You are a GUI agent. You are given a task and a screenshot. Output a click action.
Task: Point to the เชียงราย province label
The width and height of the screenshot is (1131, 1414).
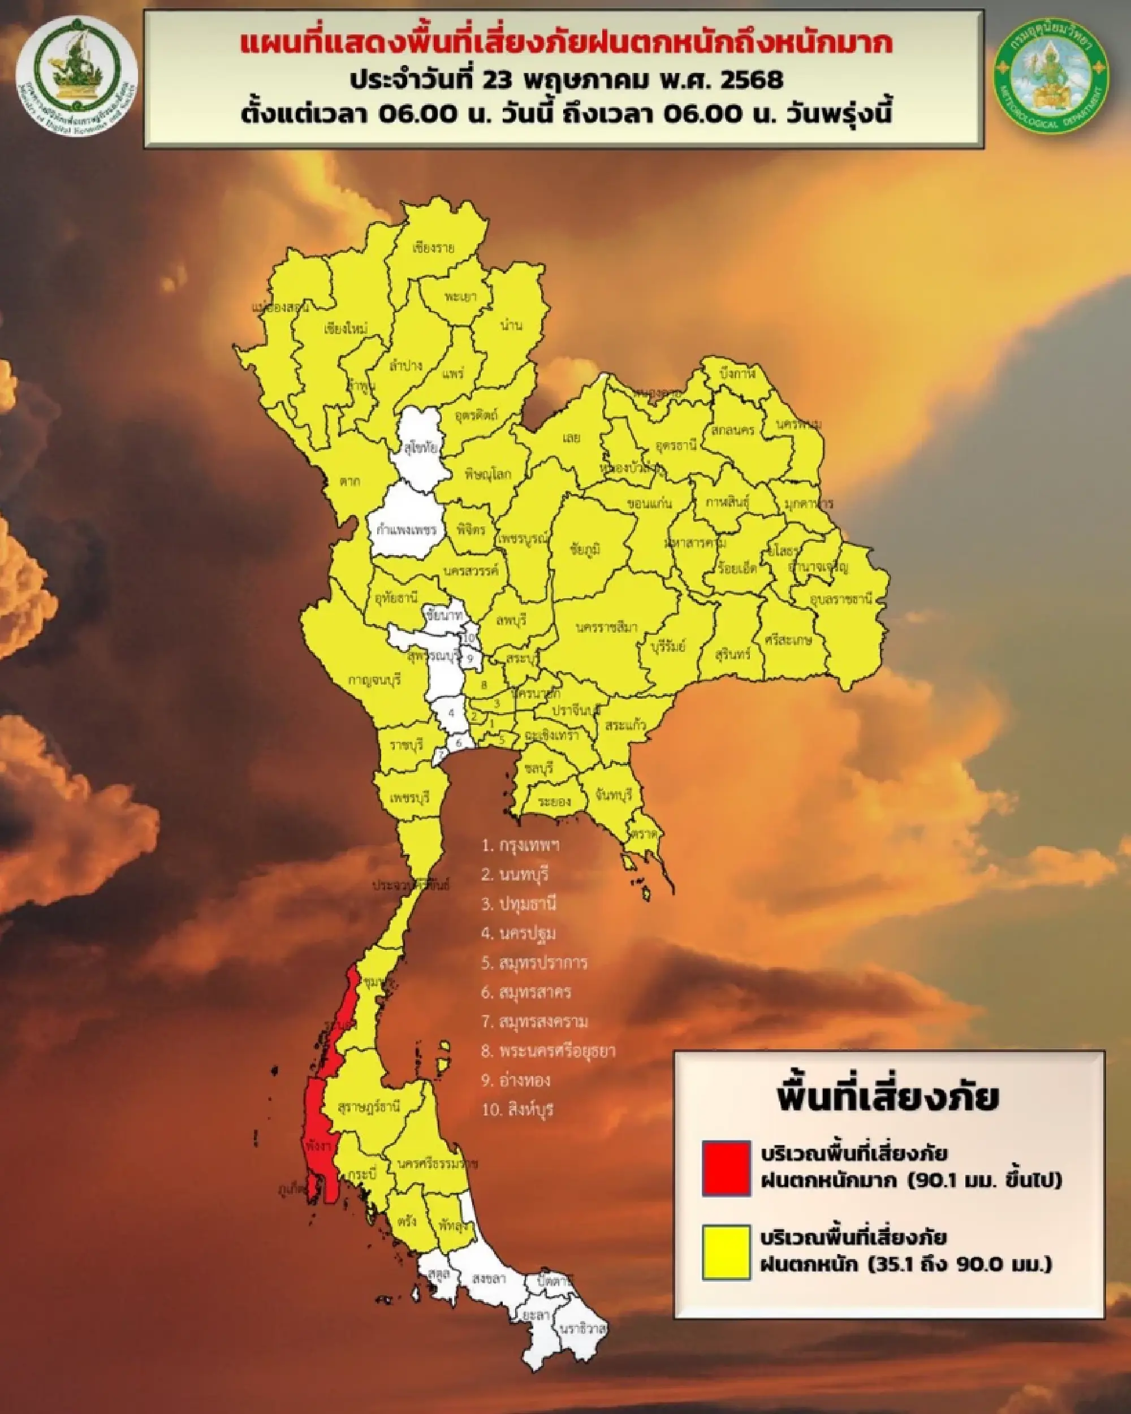tap(434, 249)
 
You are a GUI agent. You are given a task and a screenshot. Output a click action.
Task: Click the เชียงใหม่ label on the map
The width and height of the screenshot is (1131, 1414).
tap(346, 328)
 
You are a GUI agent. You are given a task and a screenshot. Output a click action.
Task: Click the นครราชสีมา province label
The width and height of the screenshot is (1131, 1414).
tap(607, 628)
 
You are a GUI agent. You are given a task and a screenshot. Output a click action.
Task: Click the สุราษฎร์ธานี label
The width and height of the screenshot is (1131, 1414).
tap(369, 1108)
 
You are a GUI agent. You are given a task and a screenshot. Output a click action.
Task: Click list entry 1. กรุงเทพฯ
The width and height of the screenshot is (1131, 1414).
tap(521, 845)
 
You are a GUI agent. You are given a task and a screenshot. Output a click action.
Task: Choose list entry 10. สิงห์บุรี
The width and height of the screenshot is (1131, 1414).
tap(518, 1110)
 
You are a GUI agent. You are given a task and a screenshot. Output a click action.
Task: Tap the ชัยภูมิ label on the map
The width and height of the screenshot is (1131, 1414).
tap(586, 549)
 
